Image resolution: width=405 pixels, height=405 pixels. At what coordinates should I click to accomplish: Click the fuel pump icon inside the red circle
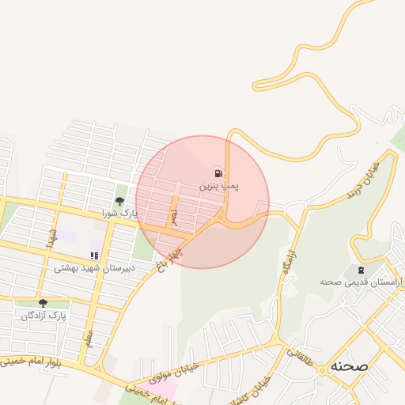pyautogui.click(x=218, y=173)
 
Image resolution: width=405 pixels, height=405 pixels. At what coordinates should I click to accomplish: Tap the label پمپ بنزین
pyautogui.click(x=218, y=187)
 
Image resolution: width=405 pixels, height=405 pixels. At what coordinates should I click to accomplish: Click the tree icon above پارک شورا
pyautogui.click(x=119, y=202)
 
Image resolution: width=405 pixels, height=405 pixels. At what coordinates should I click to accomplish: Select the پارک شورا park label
pyautogui.click(x=119, y=214)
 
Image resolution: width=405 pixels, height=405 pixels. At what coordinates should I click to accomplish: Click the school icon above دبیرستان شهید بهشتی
pyautogui.click(x=94, y=255)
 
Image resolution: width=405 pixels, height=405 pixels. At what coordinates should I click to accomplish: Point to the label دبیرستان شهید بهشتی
pyautogui.click(x=95, y=268)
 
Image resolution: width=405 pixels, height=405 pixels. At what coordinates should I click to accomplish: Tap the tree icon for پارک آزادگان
pyautogui.click(x=43, y=302)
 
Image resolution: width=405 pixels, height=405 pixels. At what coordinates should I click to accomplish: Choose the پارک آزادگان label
pyautogui.click(x=45, y=315)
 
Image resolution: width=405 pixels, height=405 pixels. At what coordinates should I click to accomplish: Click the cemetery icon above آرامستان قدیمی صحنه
pyautogui.click(x=361, y=270)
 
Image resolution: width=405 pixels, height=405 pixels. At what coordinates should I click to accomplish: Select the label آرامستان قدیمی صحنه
pyautogui.click(x=361, y=282)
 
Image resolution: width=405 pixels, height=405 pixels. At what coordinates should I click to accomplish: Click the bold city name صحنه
pyautogui.click(x=350, y=366)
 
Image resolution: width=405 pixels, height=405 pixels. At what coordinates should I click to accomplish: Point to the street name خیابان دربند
pyautogui.click(x=363, y=180)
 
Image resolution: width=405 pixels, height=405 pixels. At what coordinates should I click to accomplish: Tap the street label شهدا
pyautogui.click(x=53, y=237)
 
